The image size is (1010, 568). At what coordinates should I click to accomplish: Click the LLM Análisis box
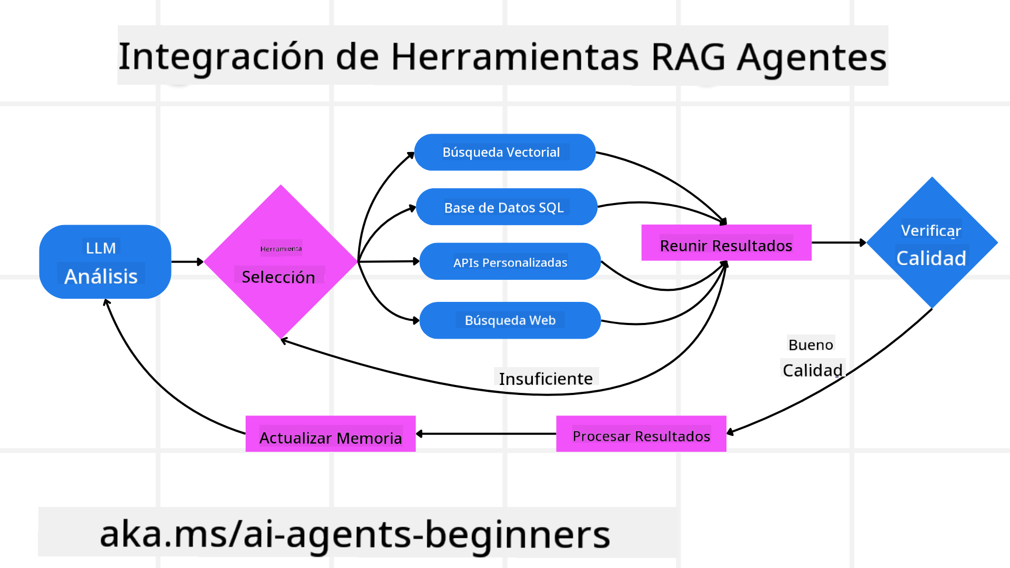coord(105,262)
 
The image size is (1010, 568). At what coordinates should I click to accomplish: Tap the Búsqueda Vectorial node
coord(504,152)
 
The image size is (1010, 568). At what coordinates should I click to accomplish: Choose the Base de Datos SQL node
coord(506,207)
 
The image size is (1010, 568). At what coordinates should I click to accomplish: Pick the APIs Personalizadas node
coord(510,262)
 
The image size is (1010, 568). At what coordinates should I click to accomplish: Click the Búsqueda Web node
coord(510,320)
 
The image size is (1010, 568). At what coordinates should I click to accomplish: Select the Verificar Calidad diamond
coord(932,243)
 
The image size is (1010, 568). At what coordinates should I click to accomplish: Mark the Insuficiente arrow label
coord(546,379)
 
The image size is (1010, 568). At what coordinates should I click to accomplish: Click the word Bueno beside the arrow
coord(811,345)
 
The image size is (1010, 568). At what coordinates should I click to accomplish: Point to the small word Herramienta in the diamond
coord(281,249)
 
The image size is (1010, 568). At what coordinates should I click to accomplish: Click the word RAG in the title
coord(688,57)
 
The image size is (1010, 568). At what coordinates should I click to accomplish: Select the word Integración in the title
coord(221,57)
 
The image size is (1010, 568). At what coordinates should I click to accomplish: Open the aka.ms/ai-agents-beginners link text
coord(355,534)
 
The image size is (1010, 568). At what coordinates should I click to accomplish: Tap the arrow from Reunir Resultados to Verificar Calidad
coord(839,242)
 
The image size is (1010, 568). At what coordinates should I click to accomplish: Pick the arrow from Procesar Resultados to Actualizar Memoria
coord(486,434)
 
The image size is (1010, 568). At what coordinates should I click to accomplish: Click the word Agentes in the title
coord(811,57)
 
